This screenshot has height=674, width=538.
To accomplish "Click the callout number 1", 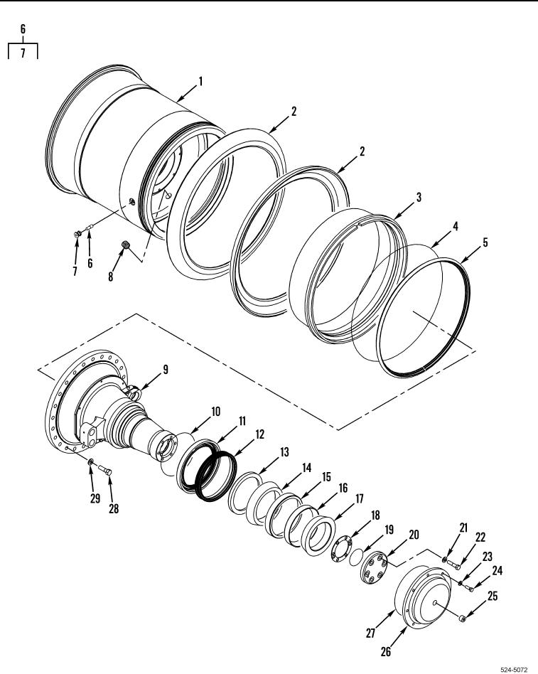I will click(x=200, y=81).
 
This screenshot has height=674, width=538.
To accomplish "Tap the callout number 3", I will click(x=419, y=197).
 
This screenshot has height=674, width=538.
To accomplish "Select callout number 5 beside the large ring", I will click(x=485, y=242).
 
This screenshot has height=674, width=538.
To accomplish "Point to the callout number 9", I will click(x=165, y=369).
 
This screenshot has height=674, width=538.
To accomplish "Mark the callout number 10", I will click(x=215, y=412).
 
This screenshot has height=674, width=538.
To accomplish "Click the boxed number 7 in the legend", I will click(x=23, y=53).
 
